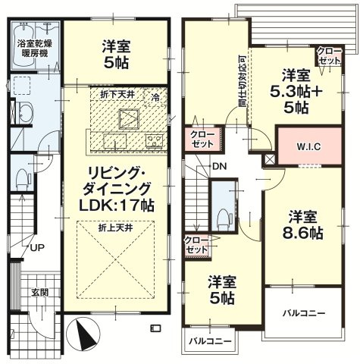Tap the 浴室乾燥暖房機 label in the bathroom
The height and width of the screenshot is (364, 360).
pyautogui.click(x=35, y=49)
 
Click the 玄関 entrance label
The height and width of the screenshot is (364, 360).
pyautogui.click(x=40, y=293)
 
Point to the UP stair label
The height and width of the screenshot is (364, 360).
pyautogui.click(x=37, y=247)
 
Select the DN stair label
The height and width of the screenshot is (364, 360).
pyautogui.click(x=220, y=166)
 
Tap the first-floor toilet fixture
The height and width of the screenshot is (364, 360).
pyautogui.click(x=22, y=179)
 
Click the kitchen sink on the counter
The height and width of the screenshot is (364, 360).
pyautogui.click(x=115, y=141)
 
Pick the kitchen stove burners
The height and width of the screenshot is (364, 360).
pyautogui.click(x=155, y=140)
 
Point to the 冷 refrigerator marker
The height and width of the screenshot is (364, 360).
pyautogui.click(x=155, y=98)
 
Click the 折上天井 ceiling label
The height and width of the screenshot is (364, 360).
pyautogui.click(x=116, y=228)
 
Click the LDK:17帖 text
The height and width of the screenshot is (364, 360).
pyautogui.click(x=117, y=206)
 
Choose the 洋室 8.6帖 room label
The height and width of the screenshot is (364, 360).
pyautogui.click(x=302, y=225)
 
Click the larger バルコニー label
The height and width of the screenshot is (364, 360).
pyautogui.click(x=303, y=314)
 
